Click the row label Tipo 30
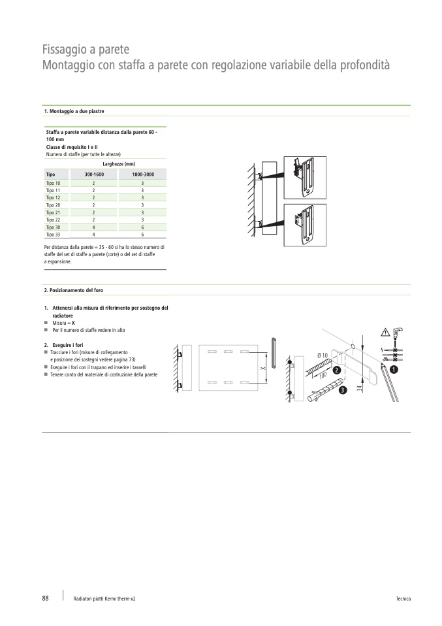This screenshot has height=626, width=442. click(53, 227)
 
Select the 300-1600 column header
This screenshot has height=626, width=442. click(94, 175)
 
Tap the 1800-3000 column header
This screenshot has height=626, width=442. click(142, 175)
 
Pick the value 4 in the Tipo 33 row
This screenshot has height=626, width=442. click(94, 234)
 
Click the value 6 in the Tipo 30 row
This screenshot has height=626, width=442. click(142, 227)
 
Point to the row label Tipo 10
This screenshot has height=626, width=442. click(53, 184)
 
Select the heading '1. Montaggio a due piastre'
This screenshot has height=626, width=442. click(74, 112)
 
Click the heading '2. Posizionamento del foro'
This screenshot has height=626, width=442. click(73, 290)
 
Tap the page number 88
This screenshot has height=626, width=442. click(46, 598)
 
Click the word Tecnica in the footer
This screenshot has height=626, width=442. click(403, 599)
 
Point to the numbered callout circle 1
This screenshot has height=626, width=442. click(394, 369)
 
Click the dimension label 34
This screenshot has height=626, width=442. click(359, 388)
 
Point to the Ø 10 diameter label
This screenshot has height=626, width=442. click(323, 355)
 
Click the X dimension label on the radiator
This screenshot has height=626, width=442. click(262, 369)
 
